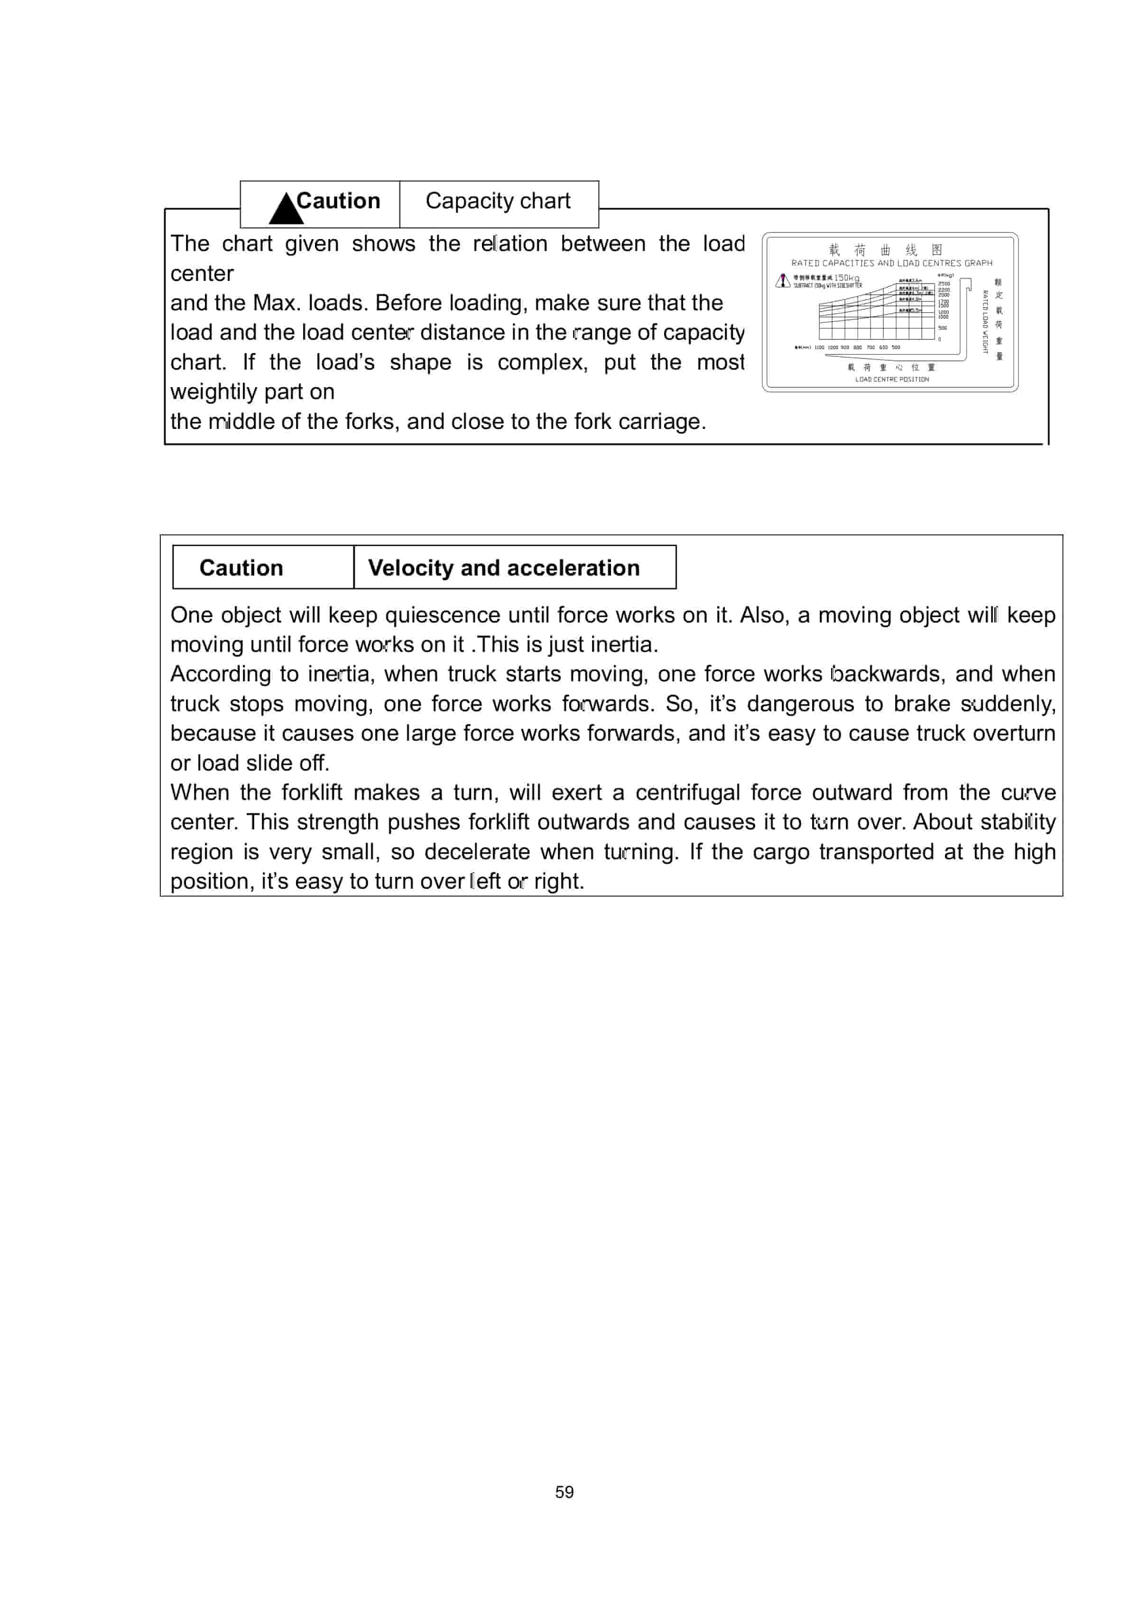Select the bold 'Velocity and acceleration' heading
point(503,568)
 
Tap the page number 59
point(564,1492)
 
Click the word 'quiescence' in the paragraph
point(442,615)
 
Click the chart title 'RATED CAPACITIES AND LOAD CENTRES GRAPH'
point(892,263)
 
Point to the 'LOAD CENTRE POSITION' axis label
point(892,379)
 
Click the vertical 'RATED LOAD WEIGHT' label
point(985,322)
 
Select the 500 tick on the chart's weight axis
point(943,328)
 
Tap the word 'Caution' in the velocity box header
point(241,568)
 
